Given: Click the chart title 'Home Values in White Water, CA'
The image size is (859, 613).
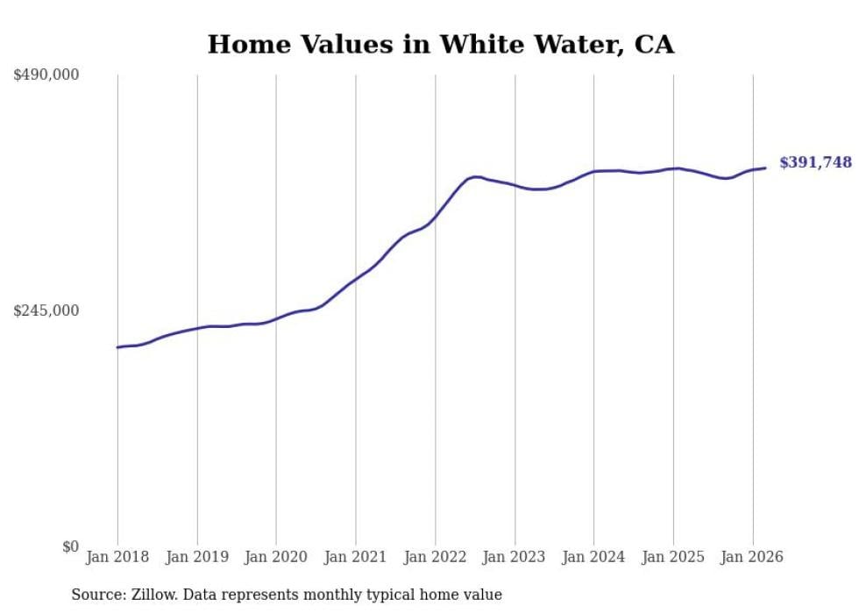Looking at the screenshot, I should (441, 45).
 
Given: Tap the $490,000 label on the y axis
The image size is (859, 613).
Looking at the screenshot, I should (46, 75).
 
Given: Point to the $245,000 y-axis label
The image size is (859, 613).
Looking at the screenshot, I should (46, 310).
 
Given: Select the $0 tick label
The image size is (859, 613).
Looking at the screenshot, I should (70, 546).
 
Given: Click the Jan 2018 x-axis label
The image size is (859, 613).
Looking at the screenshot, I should (117, 557).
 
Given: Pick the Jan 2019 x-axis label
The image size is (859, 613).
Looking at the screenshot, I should (197, 557).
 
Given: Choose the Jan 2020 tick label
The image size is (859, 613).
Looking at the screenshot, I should (276, 557).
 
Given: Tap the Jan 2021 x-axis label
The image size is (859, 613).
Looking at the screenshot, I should (356, 557).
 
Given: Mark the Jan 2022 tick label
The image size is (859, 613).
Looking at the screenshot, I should (435, 557).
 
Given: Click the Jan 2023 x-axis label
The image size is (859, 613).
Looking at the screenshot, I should (515, 557).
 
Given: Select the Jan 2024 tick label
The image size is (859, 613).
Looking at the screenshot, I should (593, 557).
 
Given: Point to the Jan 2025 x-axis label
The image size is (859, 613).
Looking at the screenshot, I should (673, 557).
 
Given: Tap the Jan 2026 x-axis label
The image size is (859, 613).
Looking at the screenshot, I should (752, 557).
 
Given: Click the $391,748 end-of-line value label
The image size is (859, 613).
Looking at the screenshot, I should (815, 162).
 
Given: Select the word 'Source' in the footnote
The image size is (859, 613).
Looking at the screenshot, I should (96, 595).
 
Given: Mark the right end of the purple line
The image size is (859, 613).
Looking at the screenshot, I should (765, 168).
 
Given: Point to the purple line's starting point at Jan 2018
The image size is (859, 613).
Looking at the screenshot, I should (117, 347).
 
